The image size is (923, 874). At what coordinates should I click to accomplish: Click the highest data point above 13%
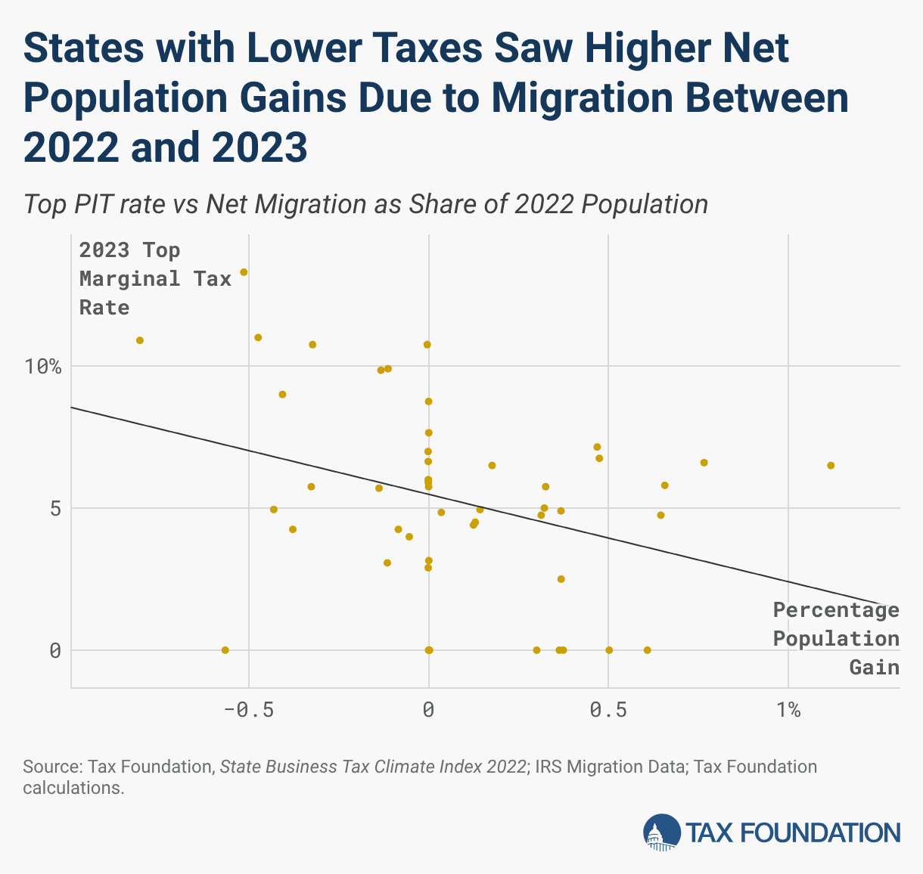pos(244,272)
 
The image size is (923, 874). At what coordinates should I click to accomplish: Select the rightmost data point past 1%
pos(831,466)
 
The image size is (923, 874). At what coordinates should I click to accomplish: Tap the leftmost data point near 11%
pos(140,340)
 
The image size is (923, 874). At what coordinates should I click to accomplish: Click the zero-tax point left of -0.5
pos(225,650)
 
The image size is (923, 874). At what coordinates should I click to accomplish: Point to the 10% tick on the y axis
pos(45,367)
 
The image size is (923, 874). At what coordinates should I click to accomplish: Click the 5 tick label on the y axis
pos(55,508)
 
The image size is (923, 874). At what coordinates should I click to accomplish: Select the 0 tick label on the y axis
pos(55,650)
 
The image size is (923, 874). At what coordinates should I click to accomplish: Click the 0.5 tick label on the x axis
pos(608,710)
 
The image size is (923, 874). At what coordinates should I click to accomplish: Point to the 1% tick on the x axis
pos(788,710)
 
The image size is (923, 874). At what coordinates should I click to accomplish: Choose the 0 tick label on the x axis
pos(428,710)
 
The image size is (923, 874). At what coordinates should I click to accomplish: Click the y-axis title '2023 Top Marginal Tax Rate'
pos(155,278)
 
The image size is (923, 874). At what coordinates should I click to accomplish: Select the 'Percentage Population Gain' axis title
pos(836,638)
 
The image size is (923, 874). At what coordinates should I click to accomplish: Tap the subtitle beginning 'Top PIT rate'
pos(365,204)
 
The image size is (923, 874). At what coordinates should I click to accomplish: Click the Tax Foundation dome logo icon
pos(661,832)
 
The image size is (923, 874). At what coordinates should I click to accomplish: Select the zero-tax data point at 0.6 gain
pos(647,650)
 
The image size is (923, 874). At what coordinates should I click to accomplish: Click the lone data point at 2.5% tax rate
pos(561,579)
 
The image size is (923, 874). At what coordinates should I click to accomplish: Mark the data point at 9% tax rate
pos(282,395)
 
